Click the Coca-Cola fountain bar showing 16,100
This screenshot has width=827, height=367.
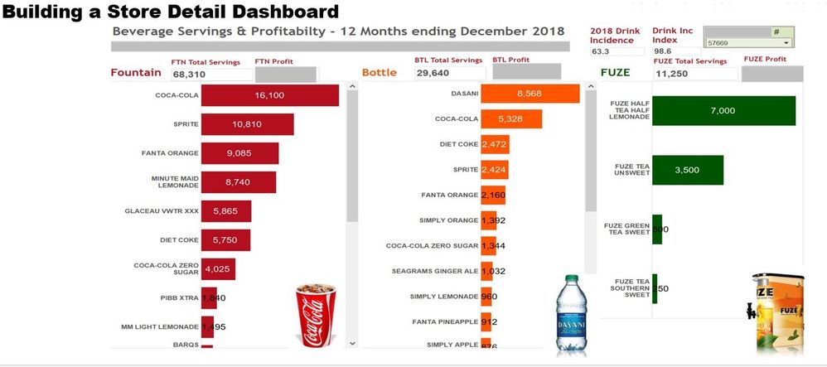[270, 95]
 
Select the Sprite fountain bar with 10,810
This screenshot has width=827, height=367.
[248, 124]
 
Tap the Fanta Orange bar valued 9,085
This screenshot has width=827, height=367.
[240, 153]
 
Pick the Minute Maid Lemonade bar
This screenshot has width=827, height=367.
[239, 182]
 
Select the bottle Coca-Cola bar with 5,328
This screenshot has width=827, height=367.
[511, 119]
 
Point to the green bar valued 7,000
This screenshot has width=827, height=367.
[723, 111]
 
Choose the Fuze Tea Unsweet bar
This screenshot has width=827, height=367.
[688, 170]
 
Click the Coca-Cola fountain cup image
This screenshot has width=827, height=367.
[314, 316]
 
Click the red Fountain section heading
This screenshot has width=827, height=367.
[135, 72]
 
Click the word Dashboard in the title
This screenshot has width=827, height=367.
[279, 12]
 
